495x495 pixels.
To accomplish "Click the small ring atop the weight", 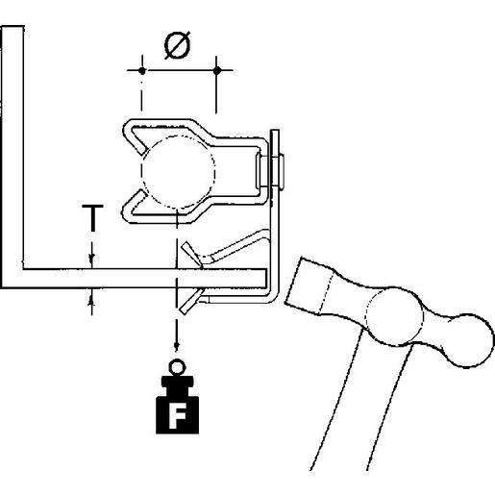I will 176,366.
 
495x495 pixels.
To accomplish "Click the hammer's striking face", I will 293,285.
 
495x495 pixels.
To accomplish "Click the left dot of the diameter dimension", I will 141,70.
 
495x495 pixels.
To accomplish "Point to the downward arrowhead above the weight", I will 176,349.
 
